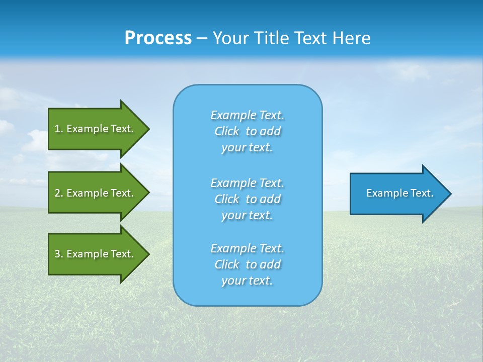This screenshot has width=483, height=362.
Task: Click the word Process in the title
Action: tap(158, 38)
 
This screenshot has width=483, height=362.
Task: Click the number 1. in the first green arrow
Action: tap(58, 129)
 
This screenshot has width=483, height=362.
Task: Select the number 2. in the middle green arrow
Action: tap(58, 193)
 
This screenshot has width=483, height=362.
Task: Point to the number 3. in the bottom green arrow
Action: tap(58, 254)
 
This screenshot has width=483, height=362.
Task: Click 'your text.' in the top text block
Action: tap(247, 148)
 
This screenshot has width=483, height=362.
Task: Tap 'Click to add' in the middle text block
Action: tap(248, 199)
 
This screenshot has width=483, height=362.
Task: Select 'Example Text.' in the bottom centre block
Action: tap(248, 248)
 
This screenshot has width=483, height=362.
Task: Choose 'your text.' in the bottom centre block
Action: tap(247, 281)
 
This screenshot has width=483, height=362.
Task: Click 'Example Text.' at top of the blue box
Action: tap(248, 115)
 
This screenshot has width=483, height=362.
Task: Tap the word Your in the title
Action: tap(230, 38)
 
